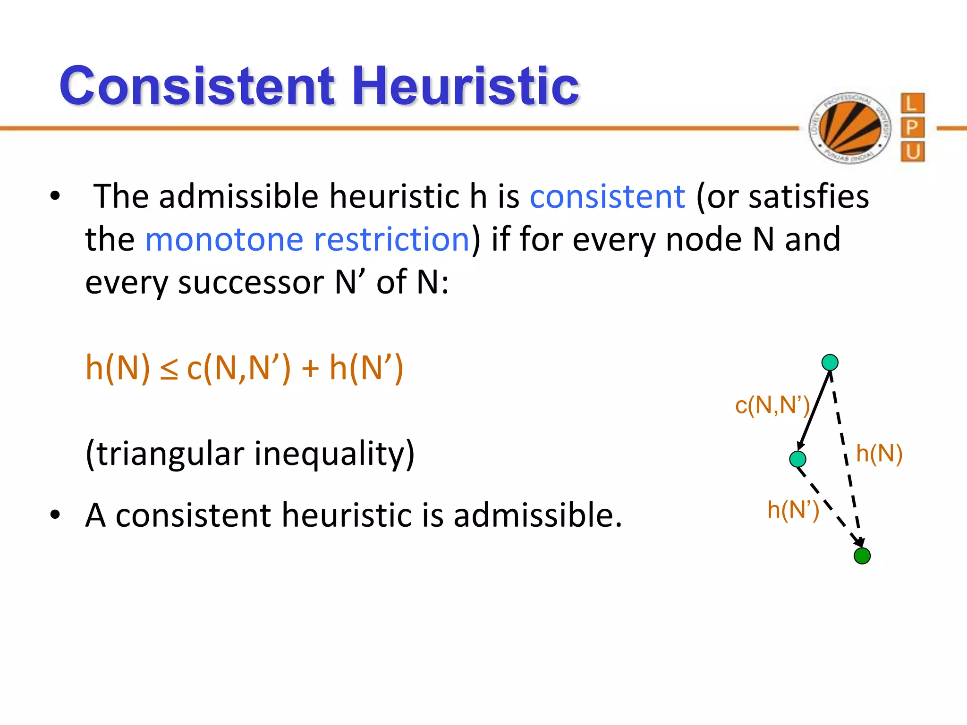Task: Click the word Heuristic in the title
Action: (x=465, y=86)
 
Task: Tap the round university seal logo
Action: (x=849, y=127)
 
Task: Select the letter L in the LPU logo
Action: (x=912, y=103)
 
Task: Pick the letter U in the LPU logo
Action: (x=912, y=152)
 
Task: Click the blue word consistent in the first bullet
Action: (x=607, y=196)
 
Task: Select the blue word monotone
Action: (x=224, y=239)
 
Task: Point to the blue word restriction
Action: (x=391, y=239)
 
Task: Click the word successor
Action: (x=251, y=283)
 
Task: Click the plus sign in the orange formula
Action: (x=310, y=368)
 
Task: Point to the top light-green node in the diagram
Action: (x=830, y=362)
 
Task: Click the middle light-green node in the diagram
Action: (x=797, y=459)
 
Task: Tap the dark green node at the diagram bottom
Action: (x=862, y=556)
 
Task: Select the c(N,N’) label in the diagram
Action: (x=772, y=405)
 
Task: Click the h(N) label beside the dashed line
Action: (x=879, y=454)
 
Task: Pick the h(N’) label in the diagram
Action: (x=793, y=510)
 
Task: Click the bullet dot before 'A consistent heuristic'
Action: (x=55, y=515)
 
